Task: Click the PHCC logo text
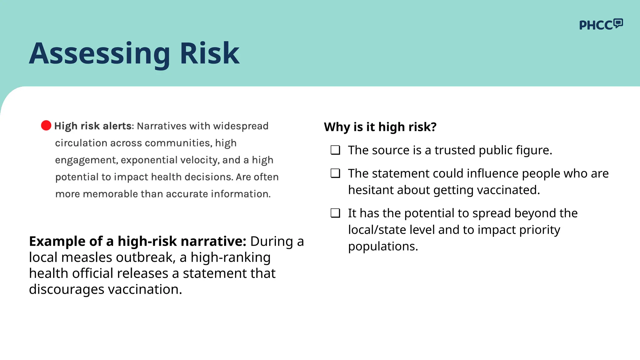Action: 596,25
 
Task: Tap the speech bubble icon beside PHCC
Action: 618,23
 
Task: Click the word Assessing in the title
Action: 100,54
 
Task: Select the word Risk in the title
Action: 209,54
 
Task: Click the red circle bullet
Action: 46,125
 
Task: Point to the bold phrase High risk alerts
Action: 93,126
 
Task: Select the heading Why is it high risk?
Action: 380,127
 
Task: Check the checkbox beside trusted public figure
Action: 335,150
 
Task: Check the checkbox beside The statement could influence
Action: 335,173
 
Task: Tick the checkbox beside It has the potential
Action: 335,213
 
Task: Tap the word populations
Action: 382,247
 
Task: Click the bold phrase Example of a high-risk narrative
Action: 137,241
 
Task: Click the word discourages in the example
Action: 67,289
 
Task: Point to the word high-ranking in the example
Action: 230,257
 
